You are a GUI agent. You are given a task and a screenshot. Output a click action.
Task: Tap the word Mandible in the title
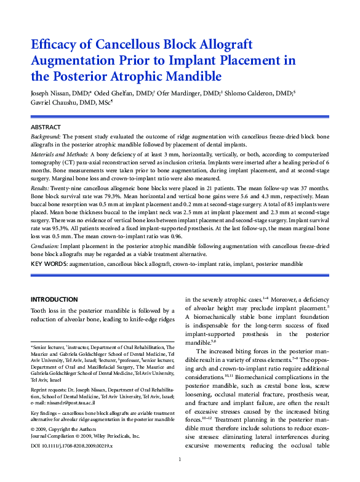pyautogui.click(x=188, y=77)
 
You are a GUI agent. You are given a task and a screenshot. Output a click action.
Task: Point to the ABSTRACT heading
pyautogui.click(x=46, y=127)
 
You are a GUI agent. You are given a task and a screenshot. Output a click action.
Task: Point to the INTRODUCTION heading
pyautogui.click(x=55, y=299)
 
